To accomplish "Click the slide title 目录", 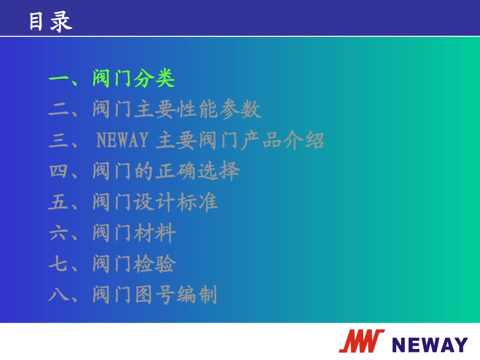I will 50,22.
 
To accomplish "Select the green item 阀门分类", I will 133,79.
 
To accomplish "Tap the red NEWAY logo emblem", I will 361,341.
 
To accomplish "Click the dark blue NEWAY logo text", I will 429,344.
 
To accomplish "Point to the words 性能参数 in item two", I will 219,110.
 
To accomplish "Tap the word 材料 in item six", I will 155,234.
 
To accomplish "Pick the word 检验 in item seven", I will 155,265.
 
